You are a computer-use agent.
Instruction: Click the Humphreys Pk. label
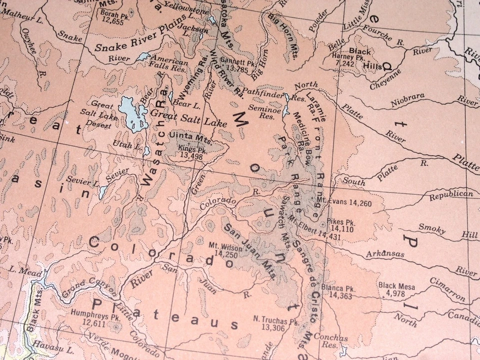pyautogui.click(x=89, y=316)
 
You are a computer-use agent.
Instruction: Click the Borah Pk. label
pyautogui.click(x=112, y=13)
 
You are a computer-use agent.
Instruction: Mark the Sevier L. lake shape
pyautogui.click(x=103, y=191)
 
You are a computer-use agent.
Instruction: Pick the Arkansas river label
pyautogui.click(x=384, y=254)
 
